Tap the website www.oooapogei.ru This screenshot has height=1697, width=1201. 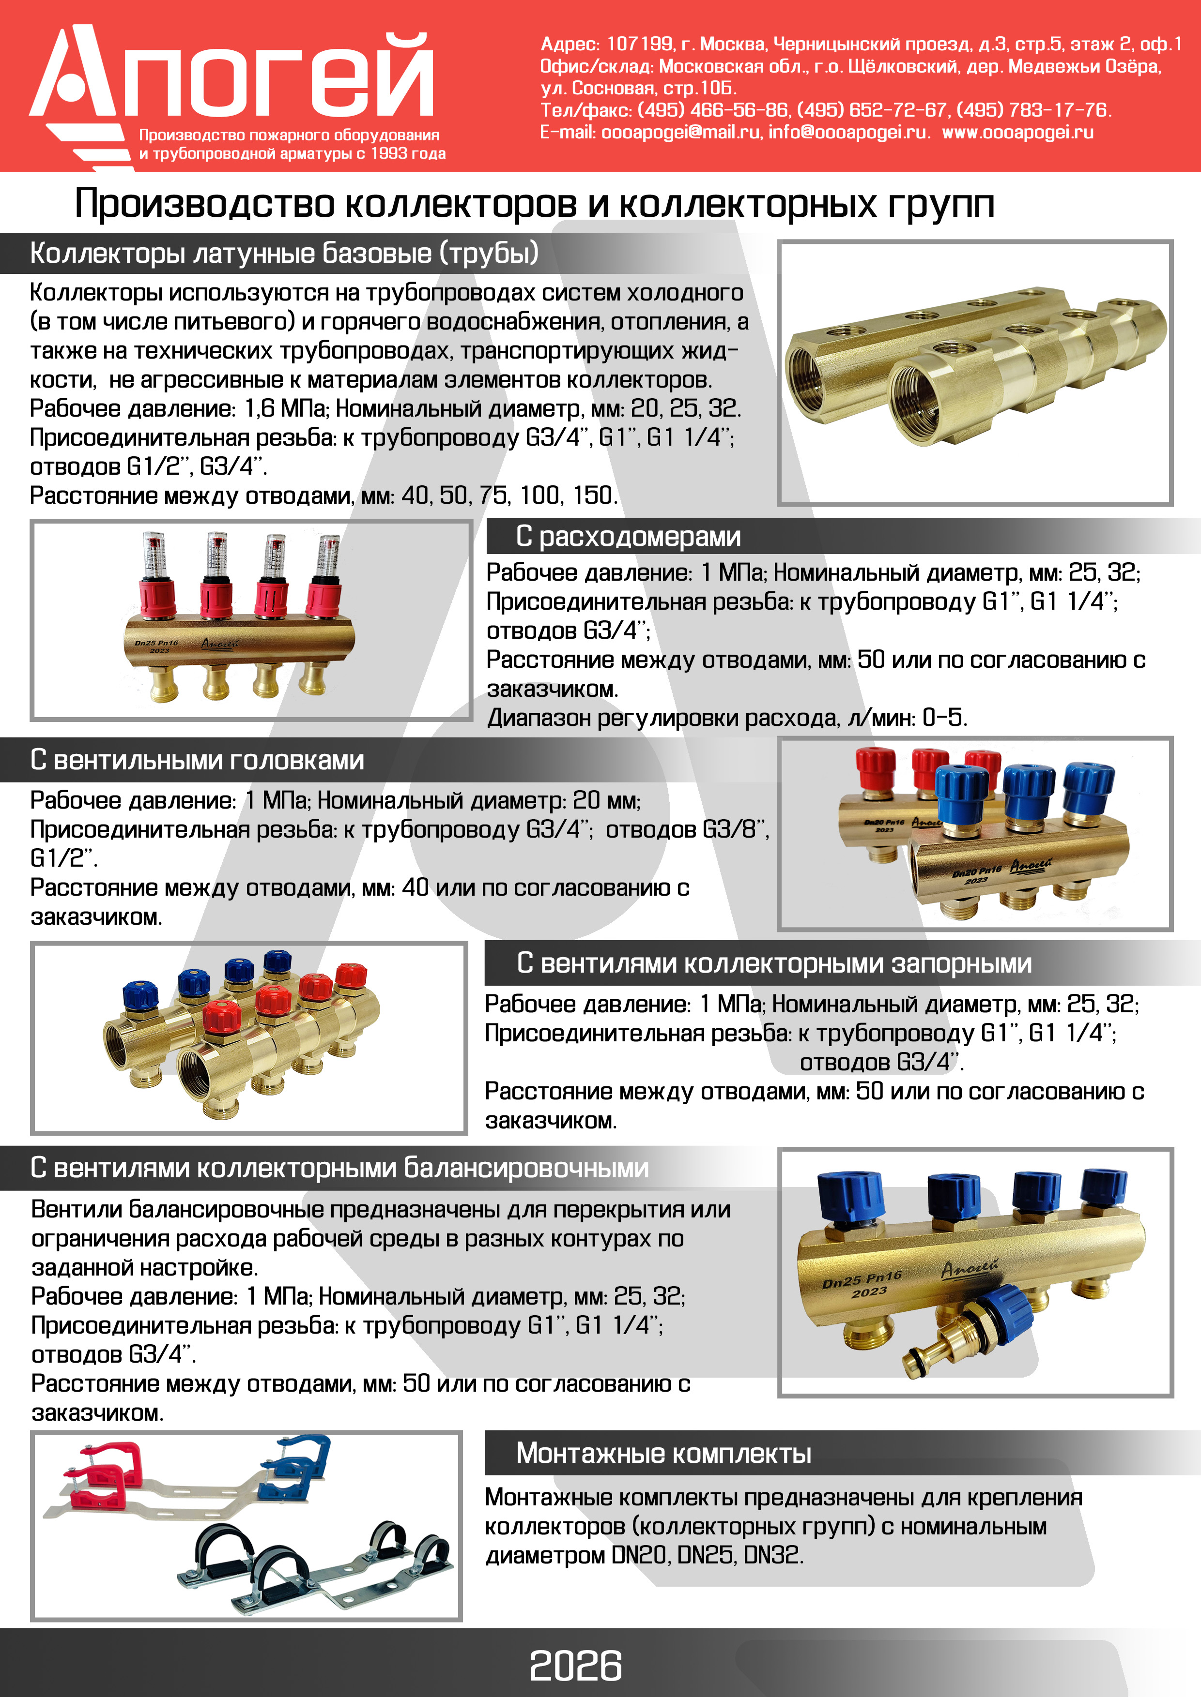(x=1017, y=132)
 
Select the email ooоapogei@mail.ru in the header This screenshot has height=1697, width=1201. (x=680, y=132)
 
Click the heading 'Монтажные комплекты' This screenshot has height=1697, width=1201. (x=663, y=1453)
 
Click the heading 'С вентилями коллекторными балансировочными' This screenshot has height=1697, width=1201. (x=339, y=1168)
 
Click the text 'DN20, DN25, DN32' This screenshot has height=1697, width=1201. (x=706, y=1555)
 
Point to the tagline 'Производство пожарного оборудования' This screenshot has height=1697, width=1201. (x=289, y=135)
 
